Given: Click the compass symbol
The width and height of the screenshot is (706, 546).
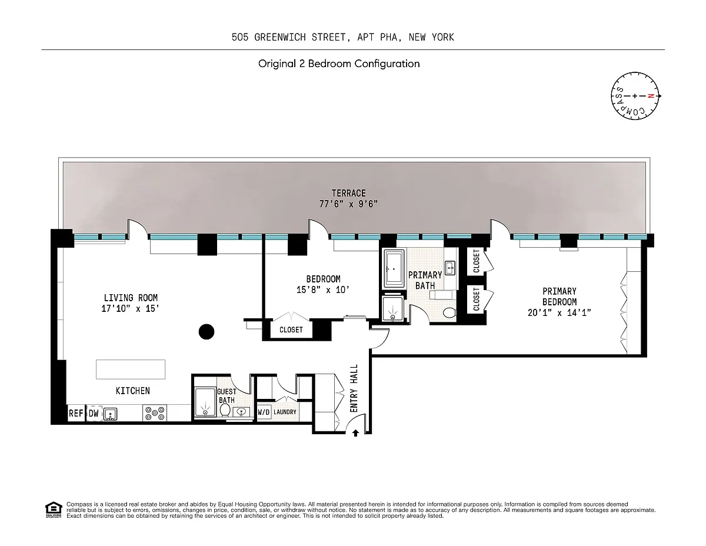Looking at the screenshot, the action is point(635,96).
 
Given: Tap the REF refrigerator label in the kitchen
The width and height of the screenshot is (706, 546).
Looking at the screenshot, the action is point(76,413).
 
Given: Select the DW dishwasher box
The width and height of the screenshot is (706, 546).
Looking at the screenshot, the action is point(94,413).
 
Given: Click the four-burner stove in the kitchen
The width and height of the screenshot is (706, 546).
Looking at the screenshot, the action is point(155,413).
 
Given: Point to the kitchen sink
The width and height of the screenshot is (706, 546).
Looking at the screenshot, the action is point(110,414).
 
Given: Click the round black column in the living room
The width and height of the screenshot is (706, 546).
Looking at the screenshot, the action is point(207,332).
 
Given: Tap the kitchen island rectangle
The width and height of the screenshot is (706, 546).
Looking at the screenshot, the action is point(131,369).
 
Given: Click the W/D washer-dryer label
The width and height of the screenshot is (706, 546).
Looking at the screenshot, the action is point(264,412).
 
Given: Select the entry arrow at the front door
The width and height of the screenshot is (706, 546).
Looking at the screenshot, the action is point(355,433).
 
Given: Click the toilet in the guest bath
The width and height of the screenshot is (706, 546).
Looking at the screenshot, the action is point(225,410).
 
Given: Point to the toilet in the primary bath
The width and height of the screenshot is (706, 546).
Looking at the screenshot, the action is point(449,313).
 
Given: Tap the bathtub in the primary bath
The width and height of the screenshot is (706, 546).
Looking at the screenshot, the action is point(394,269).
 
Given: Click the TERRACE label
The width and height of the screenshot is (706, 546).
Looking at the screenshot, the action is point(349,193).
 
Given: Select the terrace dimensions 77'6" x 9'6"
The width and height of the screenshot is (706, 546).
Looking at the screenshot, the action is point(349,204).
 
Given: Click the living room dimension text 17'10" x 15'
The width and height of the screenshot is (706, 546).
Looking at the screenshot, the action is point(130,308).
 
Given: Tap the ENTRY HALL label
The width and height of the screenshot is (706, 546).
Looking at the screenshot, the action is point(354,388).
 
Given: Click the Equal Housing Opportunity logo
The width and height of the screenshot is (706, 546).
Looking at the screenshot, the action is point(54,510).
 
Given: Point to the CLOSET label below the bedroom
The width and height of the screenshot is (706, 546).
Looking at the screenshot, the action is point(291,329).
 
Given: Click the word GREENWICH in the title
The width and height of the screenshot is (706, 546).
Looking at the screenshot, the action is point(280,37).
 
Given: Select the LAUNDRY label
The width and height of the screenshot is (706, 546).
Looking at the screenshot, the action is point(285,412).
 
